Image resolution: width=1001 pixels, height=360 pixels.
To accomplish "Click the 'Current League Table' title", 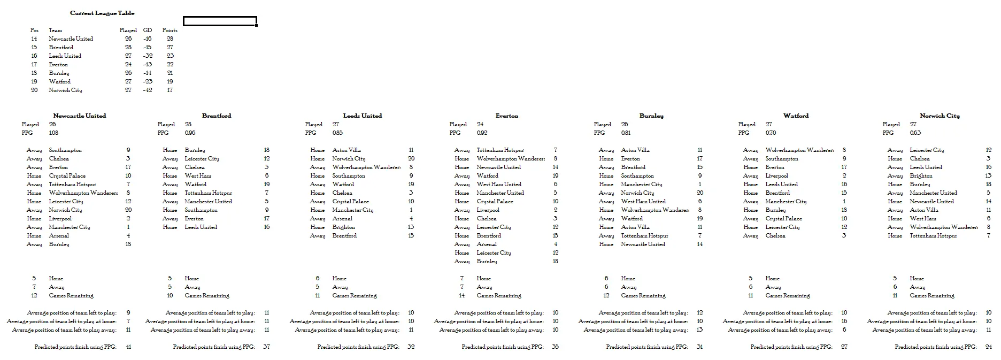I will (102, 13).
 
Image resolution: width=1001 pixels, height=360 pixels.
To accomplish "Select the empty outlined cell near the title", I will (220, 21).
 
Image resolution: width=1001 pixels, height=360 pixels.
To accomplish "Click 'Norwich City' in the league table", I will (65, 90).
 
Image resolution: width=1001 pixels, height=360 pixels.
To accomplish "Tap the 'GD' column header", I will (148, 30).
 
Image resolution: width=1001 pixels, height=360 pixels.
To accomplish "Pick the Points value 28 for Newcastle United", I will (170, 39).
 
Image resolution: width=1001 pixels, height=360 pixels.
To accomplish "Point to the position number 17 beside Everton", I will (34, 64).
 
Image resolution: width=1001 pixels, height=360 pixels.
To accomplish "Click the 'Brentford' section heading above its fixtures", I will (217, 116).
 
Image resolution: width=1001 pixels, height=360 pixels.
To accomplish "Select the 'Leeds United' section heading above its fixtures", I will (363, 116).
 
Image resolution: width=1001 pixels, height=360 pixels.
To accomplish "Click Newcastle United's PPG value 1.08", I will (53, 133).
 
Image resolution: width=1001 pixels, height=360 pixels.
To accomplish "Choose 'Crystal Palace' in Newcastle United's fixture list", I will (67, 175).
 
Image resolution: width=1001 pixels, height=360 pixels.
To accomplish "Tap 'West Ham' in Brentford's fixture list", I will (198, 175).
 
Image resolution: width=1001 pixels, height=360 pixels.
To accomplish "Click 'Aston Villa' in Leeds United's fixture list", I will (346, 150).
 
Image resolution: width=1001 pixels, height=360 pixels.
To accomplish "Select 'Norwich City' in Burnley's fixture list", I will (637, 193).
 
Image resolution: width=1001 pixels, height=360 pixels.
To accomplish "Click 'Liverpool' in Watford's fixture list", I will (776, 175).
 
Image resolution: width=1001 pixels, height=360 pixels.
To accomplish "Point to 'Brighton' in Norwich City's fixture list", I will (921, 175).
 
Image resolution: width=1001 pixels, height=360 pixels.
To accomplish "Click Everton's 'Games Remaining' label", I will (499, 295).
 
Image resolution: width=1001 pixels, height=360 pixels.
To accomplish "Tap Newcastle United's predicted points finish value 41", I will (128, 347).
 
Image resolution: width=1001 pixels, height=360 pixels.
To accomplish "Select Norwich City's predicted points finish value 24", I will (988, 347).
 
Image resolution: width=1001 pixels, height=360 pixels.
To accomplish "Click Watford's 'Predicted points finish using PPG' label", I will (791, 347).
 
